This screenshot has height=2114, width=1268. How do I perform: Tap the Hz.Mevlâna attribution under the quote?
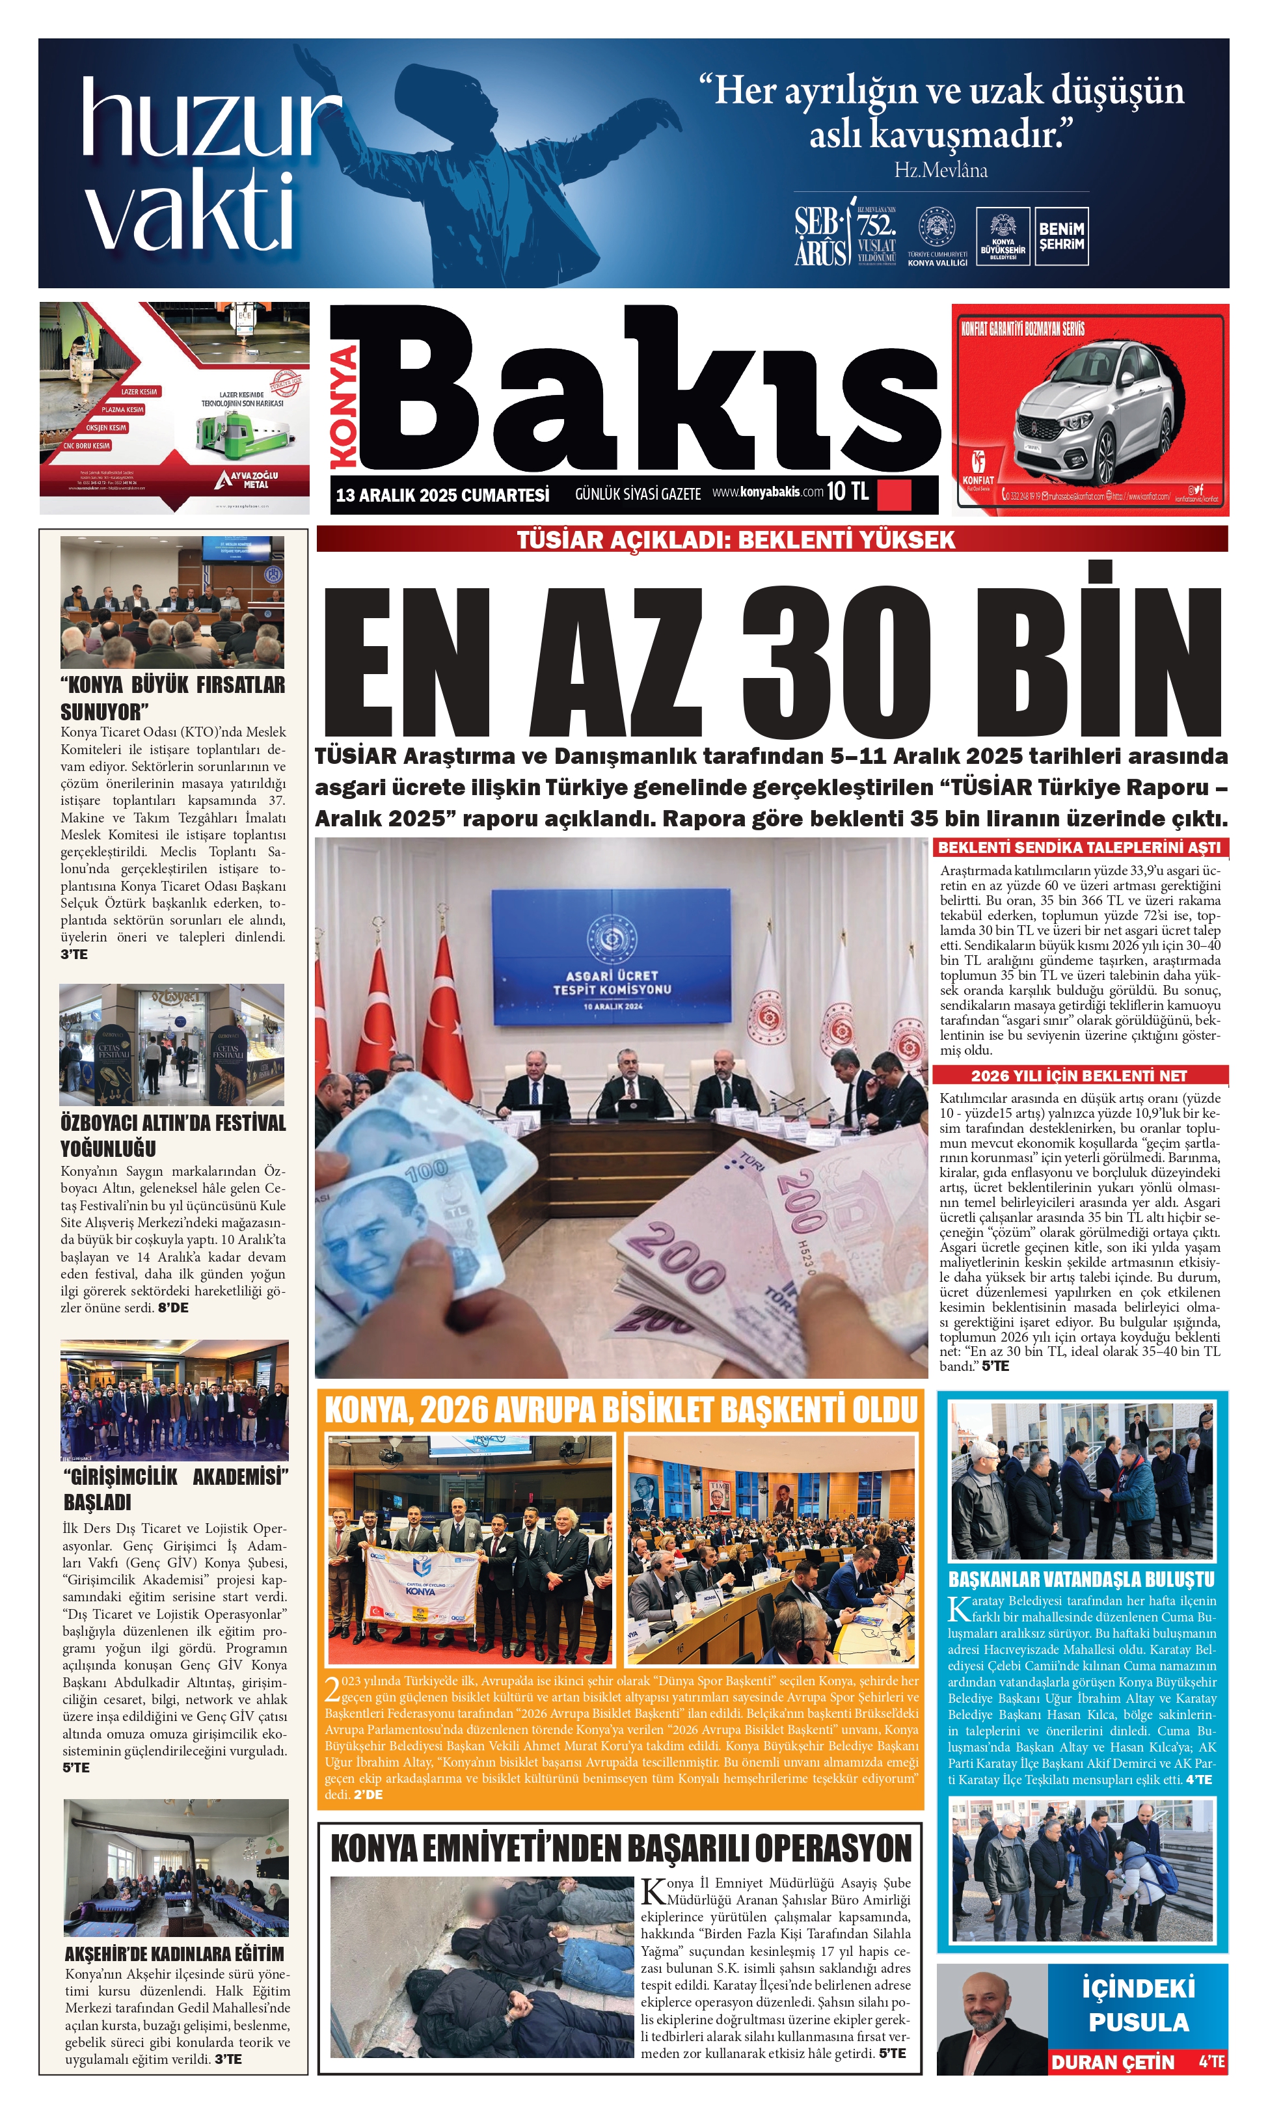click(x=941, y=170)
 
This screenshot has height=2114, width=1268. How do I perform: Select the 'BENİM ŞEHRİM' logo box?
click(x=1061, y=237)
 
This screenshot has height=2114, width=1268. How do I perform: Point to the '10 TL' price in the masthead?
click(x=848, y=491)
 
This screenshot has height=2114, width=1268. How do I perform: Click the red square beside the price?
click(x=895, y=495)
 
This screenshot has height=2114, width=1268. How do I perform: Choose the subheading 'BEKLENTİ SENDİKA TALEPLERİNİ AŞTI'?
click(x=1079, y=848)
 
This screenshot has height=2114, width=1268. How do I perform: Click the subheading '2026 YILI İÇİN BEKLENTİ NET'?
click(x=1079, y=1076)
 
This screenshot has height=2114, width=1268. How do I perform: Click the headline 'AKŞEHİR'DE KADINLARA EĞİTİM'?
click(x=174, y=1954)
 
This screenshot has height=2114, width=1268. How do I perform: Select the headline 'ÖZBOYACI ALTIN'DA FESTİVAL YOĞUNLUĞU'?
click(x=172, y=1135)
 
